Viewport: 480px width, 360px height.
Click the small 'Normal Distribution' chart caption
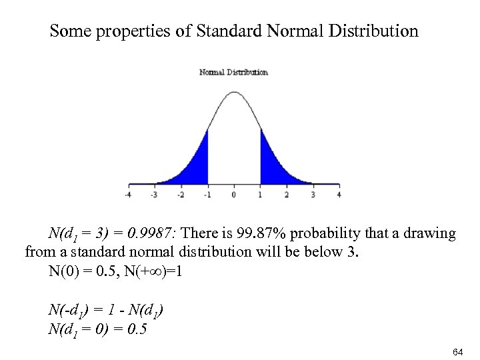[233, 72]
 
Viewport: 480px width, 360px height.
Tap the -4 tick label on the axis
[127, 195]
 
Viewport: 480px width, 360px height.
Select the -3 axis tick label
[154, 195]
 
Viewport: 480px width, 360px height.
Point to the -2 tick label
[180, 195]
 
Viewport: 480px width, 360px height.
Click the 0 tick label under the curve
[233, 195]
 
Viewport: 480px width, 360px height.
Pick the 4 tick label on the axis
[339, 195]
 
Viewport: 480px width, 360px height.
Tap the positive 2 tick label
[286, 195]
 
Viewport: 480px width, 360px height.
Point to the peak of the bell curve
[233, 93]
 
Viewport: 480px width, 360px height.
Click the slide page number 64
[457, 351]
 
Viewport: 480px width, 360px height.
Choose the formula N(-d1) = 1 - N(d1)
[106, 311]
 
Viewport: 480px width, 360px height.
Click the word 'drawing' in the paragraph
[429, 234]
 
